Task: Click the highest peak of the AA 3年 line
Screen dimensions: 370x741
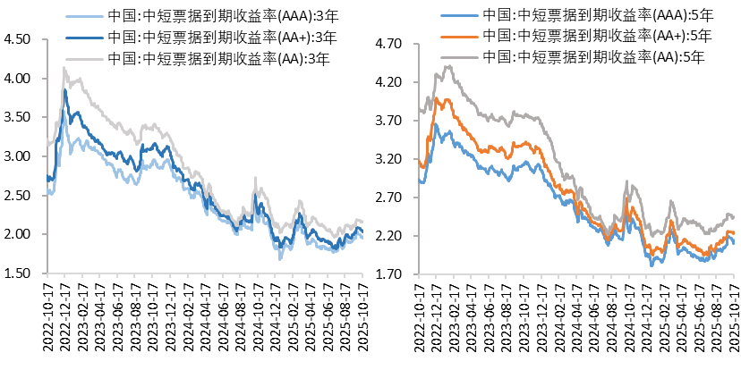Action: click(64, 68)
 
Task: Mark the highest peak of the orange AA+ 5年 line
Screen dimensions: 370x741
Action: click(439, 99)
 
